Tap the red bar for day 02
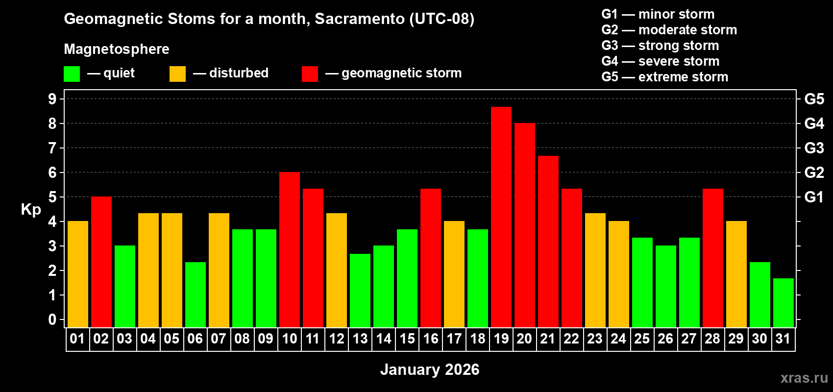click(101, 262)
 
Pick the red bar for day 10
click(289, 249)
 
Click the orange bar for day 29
click(736, 274)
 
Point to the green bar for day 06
click(195, 294)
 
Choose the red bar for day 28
click(712, 258)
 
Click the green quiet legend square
click(72, 74)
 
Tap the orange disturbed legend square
click(177, 74)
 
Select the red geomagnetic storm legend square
click(310, 74)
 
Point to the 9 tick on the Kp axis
click(52, 99)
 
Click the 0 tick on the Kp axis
click(52, 319)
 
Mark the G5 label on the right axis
click(814, 99)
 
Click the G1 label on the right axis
click(814, 197)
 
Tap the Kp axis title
click(31, 209)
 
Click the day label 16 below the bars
click(430, 339)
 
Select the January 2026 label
click(429, 369)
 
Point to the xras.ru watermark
click(804, 377)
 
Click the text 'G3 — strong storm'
click(660, 46)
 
